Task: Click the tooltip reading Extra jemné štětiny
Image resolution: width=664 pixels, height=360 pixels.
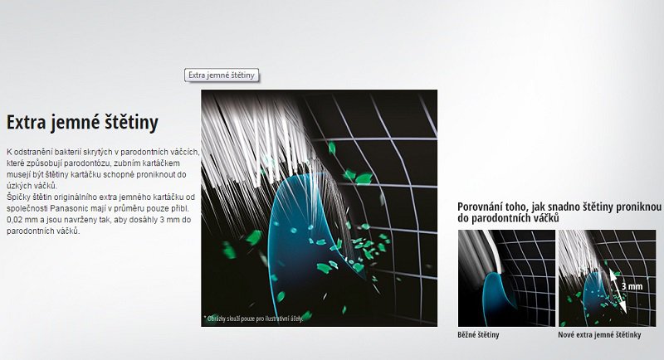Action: click(x=222, y=75)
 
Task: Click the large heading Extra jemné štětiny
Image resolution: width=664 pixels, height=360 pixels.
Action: click(x=82, y=123)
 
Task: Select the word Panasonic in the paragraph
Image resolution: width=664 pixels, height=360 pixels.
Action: click(x=71, y=208)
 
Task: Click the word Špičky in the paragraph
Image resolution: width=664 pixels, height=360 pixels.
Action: click(x=17, y=197)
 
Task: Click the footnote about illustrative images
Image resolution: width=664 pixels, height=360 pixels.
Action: click(x=253, y=319)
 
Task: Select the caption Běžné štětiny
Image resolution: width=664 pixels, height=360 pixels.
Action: click(x=478, y=335)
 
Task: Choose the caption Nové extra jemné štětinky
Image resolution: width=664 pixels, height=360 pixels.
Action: click(x=599, y=335)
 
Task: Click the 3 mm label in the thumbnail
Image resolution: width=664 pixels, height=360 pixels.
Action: click(x=632, y=286)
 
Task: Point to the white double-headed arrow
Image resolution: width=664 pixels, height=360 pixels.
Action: click(x=618, y=291)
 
